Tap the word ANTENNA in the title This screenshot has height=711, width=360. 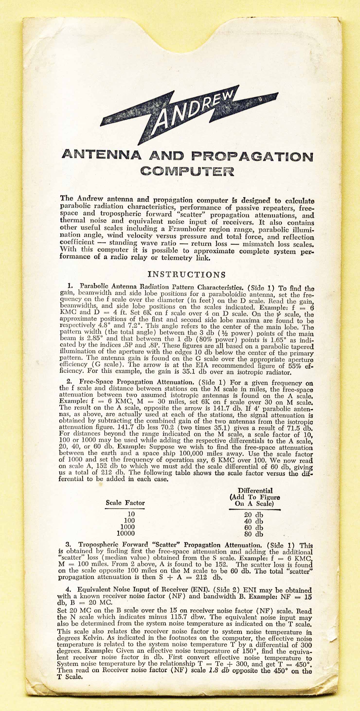click(102, 155)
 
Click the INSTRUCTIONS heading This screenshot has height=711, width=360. click(187, 275)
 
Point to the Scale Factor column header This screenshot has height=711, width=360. click(125, 503)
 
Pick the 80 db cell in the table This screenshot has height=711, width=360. click(254, 534)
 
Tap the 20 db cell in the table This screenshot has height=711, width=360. click(254, 515)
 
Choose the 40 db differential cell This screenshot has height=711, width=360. click(254, 521)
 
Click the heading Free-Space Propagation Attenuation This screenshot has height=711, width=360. click(136, 382)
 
